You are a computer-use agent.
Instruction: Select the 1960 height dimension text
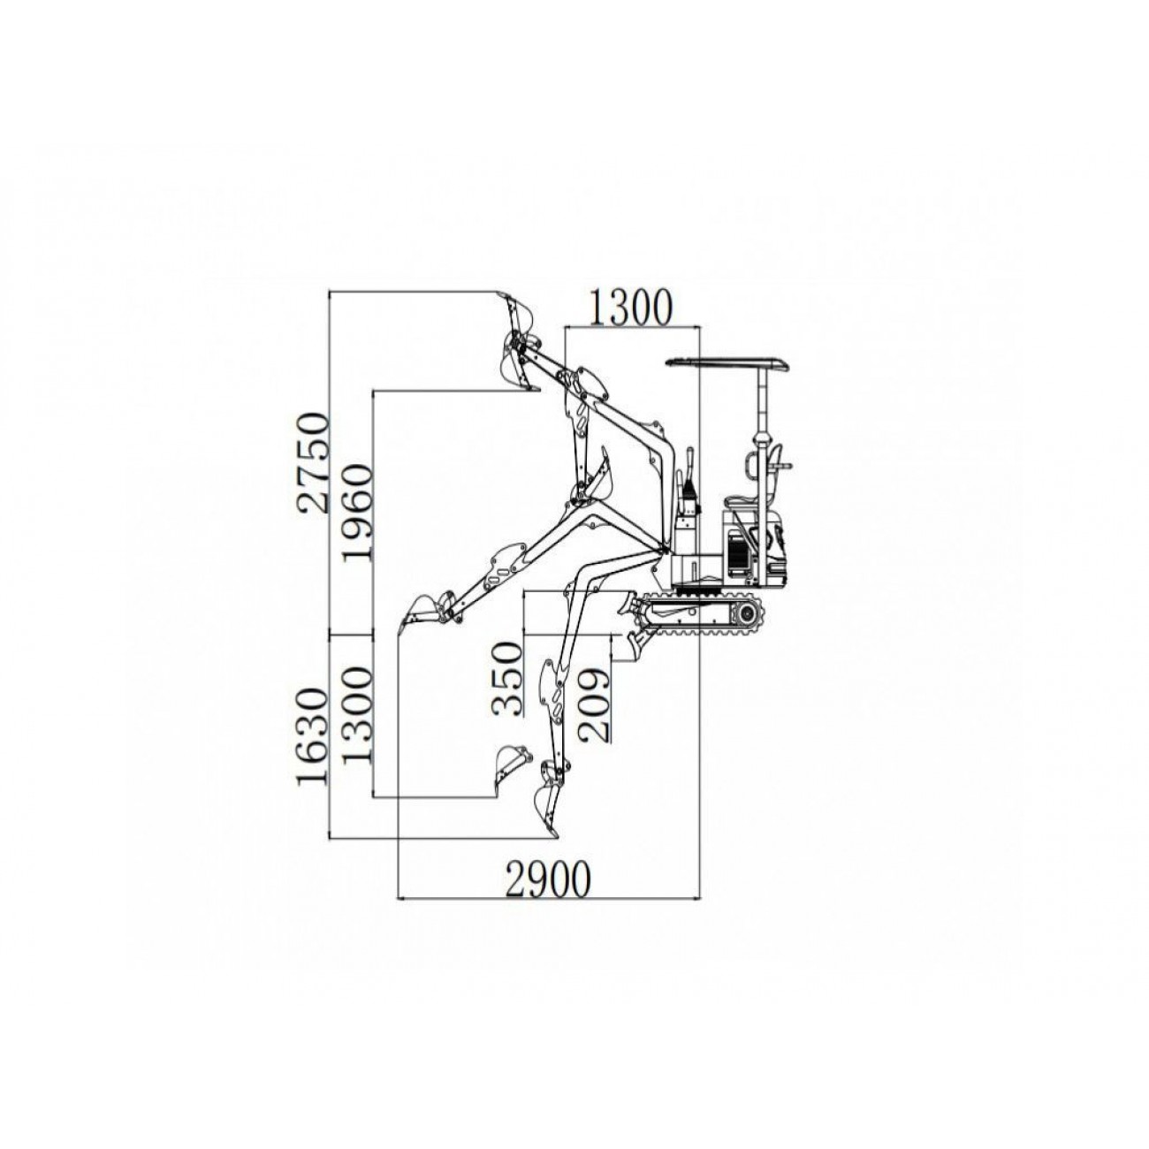tap(358, 513)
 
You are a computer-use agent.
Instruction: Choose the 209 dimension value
tap(593, 704)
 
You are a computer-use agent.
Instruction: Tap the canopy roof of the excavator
tap(727, 362)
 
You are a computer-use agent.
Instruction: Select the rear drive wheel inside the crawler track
tap(750, 612)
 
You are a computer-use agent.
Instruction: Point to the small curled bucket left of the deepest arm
tap(509, 761)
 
